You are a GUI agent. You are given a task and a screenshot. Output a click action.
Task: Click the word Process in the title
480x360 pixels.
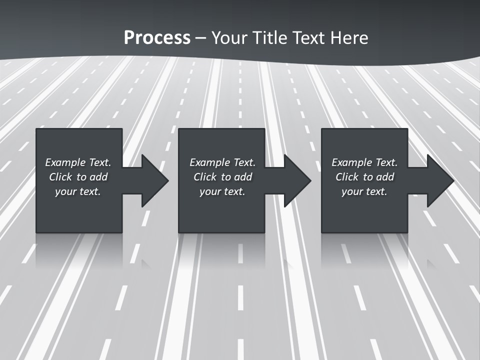[157, 38]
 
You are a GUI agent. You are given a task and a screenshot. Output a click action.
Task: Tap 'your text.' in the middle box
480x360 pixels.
[222, 191]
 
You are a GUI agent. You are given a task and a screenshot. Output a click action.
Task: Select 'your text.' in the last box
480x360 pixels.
[364, 191]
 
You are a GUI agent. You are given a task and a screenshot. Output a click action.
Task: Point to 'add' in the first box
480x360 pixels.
[99, 177]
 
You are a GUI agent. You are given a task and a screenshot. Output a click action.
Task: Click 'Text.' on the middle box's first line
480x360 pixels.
[243, 162]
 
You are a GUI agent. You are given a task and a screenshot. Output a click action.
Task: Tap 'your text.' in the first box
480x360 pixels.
[77, 191]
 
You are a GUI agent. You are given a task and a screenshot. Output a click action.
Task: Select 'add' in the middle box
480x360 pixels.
[243, 177]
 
